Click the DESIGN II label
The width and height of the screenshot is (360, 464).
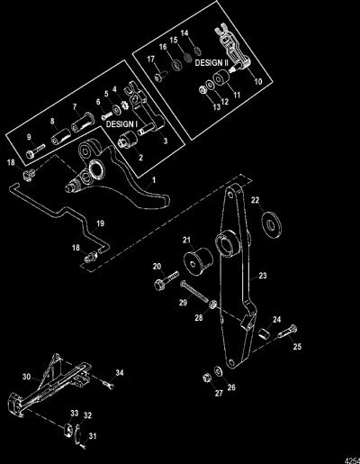pos(211,63)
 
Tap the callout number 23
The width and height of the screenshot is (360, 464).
pos(263,276)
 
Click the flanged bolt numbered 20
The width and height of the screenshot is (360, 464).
pos(166,280)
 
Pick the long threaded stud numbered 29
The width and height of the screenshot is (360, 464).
pos(194,290)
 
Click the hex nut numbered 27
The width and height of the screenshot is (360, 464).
pos(206,378)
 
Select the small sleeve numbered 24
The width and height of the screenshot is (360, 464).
pos(265,333)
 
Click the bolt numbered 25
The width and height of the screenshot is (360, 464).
pos(287,332)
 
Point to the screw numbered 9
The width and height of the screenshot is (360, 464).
pos(35,151)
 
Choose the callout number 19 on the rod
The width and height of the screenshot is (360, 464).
pos(100,223)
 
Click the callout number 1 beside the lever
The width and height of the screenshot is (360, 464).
pos(154,180)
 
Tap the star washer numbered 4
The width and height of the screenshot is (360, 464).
pos(124,106)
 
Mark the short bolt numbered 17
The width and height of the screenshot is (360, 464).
pos(161,76)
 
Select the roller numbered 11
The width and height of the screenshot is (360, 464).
pos(221,77)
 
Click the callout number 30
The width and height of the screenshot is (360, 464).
pos(27,377)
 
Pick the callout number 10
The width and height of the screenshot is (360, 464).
pos(258,81)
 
